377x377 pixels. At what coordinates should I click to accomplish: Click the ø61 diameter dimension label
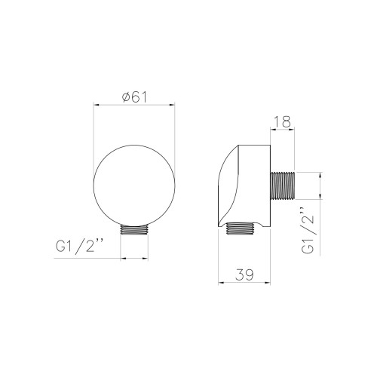[134, 97]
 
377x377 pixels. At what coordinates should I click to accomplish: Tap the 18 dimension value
[281, 121]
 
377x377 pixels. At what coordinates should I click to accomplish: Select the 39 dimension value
[244, 274]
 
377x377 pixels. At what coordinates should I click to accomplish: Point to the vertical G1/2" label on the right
[308, 230]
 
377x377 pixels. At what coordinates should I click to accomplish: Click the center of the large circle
[134, 185]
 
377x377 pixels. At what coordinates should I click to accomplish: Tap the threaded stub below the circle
[134, 230]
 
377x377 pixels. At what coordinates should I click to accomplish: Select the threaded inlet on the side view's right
[282, 186]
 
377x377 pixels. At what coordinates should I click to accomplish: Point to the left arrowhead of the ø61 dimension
[97, 105]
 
